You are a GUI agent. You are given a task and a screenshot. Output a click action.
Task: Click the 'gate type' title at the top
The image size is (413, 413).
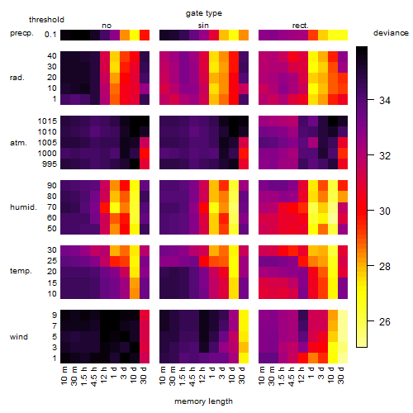coord(204,13)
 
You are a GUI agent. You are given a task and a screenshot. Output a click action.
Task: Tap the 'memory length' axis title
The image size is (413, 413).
coord(203,401)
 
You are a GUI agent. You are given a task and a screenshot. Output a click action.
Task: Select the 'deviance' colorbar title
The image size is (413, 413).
coord(391,33)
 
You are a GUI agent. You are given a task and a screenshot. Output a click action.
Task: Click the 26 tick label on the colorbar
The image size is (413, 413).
coord(385,321)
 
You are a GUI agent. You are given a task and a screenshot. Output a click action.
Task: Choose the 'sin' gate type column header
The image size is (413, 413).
coord(203,26)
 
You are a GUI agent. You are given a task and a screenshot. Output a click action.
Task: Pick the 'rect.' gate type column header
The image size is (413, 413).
coord(301,26)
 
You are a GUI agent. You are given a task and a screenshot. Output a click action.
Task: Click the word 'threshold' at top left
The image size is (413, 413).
coord(46,20)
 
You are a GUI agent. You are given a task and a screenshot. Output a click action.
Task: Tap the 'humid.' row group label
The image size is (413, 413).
coord(23,206)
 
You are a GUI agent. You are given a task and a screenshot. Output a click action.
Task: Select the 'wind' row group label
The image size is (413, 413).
coord(19,337)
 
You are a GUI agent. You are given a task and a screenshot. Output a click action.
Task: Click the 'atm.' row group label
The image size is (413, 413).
coord(18,143)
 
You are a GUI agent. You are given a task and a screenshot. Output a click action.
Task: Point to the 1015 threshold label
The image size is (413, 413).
coord(47,121)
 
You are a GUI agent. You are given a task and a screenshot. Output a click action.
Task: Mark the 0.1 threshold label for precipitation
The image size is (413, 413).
coord(50,35)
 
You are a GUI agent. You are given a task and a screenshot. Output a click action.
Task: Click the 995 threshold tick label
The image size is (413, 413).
coord(50,164)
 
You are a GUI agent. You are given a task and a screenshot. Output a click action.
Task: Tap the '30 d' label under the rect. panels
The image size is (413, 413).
coord(341,376)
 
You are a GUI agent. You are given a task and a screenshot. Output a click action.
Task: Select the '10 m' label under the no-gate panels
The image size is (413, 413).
coord(64,376)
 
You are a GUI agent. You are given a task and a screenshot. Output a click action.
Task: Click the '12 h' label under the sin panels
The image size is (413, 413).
coord(202,376)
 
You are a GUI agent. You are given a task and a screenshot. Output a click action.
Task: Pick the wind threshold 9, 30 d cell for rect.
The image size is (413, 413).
coord(343,315)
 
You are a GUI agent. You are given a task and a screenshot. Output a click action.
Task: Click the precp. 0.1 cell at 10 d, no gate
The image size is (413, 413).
coord(135,35)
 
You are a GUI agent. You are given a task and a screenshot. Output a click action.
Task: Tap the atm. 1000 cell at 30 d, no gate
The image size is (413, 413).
coord(145,153)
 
